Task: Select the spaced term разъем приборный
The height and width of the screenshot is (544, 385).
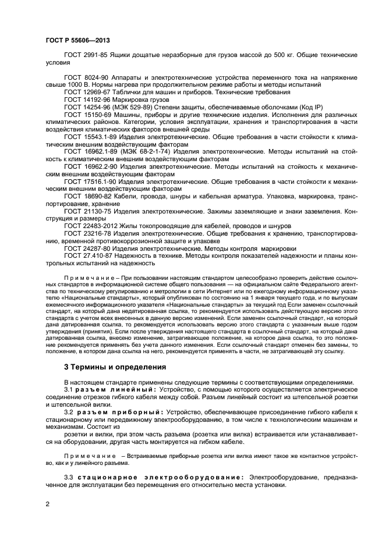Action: [113, 412]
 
